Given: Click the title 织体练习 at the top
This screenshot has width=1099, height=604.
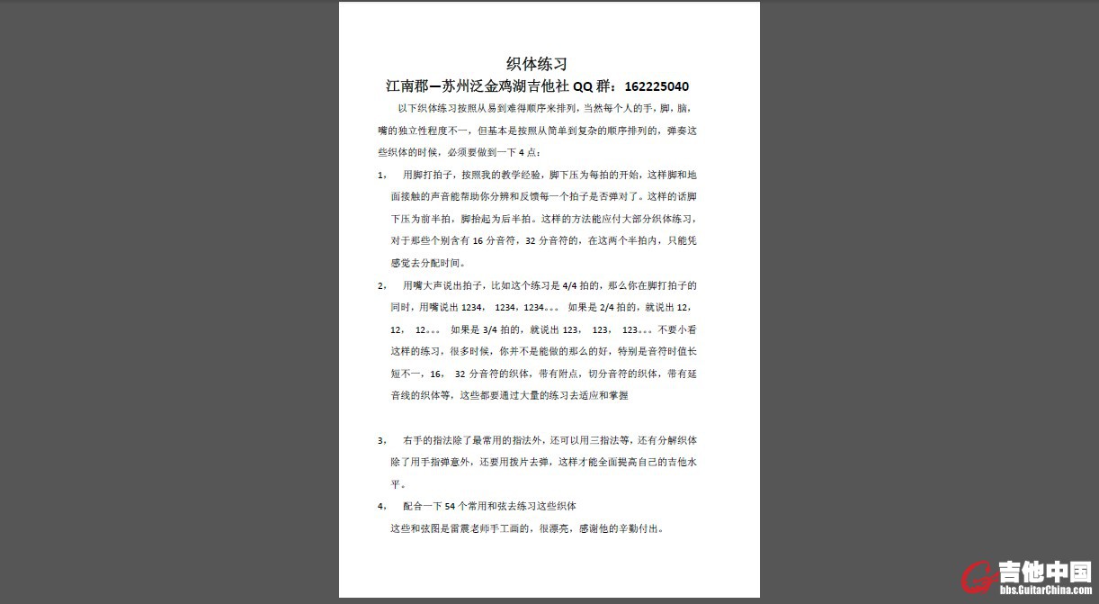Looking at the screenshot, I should tap(536, 64).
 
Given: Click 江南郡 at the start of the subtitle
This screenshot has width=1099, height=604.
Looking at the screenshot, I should tap(407, 87).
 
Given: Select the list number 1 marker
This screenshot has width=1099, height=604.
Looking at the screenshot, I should tap(381, 175).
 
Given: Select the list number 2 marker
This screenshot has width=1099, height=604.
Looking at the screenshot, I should tap(381, 285).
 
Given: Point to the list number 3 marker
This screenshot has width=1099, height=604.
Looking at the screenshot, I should tap(381, 441).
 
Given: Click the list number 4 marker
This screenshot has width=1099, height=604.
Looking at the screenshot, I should tap(381, 507).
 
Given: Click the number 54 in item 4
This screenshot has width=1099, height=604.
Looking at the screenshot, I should tap(451, 507).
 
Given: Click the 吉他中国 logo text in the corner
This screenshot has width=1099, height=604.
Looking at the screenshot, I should tap(1044, 572).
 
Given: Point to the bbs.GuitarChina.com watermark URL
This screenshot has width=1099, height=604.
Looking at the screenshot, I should tap(1045, 590).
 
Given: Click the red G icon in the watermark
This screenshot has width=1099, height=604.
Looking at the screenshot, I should tap(978, 579).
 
